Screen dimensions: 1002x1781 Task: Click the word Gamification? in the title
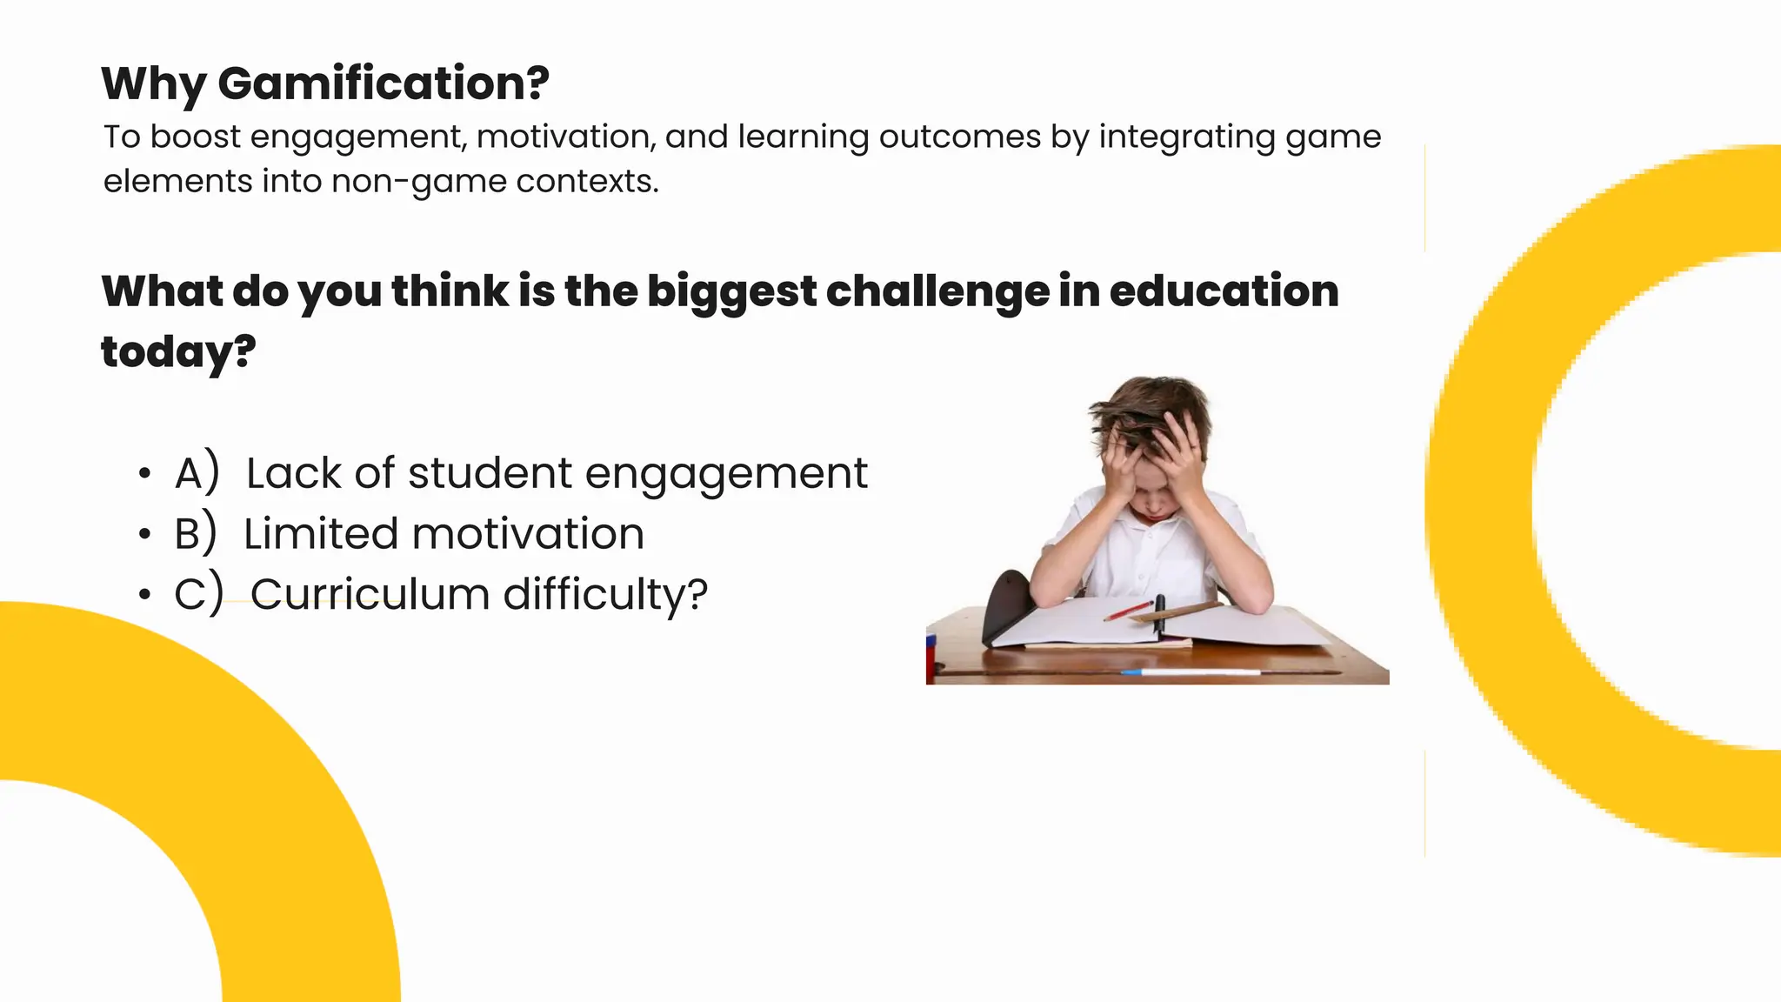[x=384, y=83]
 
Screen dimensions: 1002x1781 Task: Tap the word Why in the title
[x=154, y=85]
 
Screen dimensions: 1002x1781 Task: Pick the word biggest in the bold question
[x=731, y=292]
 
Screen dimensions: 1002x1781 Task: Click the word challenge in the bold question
[x=937, y=292]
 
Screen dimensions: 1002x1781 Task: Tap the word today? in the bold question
[x=178, y=352]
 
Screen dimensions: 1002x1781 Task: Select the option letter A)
[x=197, y=473]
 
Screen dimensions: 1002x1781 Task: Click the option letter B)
[x=195, y=534]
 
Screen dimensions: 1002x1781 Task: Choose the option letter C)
[x=198, y=594]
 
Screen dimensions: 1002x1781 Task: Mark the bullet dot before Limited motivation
[x=144, y=534]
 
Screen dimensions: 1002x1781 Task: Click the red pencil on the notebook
[x=1129, y=611]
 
